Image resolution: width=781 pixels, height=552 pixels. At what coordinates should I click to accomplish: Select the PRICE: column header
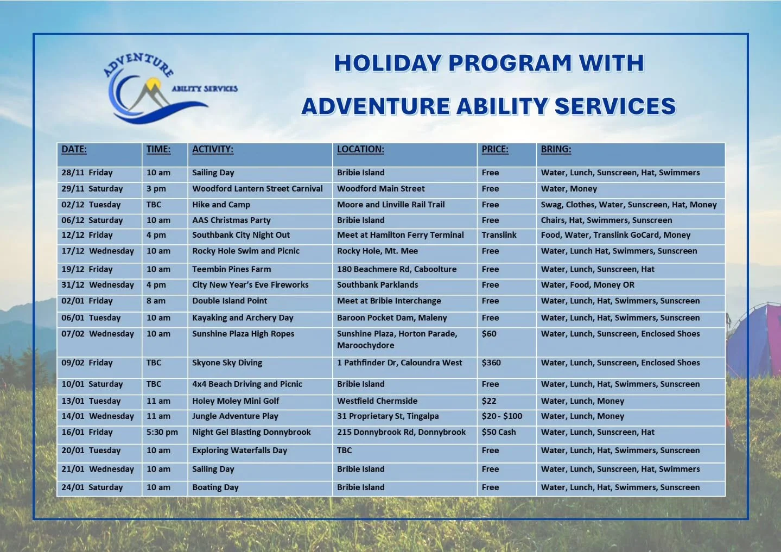tap(494, 149)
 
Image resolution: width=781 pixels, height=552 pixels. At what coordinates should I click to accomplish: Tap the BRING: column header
tap(555, 149)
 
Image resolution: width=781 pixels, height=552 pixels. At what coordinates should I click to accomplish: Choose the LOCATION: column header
tap(360, 149)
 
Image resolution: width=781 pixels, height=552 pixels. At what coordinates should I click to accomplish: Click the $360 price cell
tap(491, 363)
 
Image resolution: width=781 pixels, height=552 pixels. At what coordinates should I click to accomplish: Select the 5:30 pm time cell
tap(162, 432)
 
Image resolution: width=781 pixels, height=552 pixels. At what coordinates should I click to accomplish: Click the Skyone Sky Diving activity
tap(227, 363)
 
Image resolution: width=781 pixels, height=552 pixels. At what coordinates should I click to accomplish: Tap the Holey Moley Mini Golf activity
tap(236, 401)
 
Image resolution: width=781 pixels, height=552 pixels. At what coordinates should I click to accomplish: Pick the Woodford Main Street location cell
tap(380, 189)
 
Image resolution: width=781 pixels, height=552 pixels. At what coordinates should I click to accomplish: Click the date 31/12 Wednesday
tap(97, 285)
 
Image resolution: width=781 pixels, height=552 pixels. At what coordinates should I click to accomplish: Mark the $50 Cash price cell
tap(498, 432)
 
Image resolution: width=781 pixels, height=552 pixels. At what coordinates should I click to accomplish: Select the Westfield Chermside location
tap(377, 401)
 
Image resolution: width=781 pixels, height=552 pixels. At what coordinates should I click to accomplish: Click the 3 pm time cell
tap(156, 189)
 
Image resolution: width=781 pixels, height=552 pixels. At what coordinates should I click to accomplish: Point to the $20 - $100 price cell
tap(501, 416)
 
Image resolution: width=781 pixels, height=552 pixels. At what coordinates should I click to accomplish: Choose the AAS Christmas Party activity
tap(231, 220)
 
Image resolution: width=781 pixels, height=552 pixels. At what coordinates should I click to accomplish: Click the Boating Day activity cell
tap(215, 487)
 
